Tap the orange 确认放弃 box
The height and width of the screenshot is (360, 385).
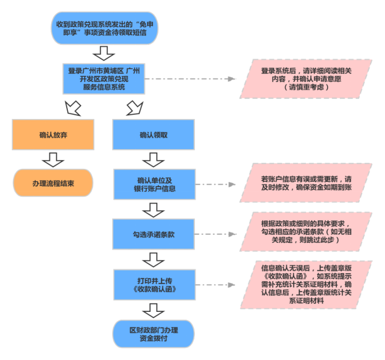pyautogui.click(x=52, y=134)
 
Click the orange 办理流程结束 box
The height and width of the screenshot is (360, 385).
pyautogui.click(x=52, y=184)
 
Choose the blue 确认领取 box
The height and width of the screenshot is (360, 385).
pyautogui.click(x=153, y=134)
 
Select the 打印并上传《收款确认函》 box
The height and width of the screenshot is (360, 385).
pyautogui.click(x=153, y=284)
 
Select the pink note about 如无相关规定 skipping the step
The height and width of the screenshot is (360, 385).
pyautogui.click(x=307, y=234)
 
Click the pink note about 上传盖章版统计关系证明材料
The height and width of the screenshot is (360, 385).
pyautogui.click(x=307, y=285)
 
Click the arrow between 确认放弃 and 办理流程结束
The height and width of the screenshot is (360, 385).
pyautogui.click(x=52, y=159)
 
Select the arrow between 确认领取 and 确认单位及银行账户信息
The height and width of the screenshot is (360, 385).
pyautogui.click(x=153, y=160)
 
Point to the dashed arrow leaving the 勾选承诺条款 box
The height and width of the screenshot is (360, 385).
pyautogui.click(x=216, y=235)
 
